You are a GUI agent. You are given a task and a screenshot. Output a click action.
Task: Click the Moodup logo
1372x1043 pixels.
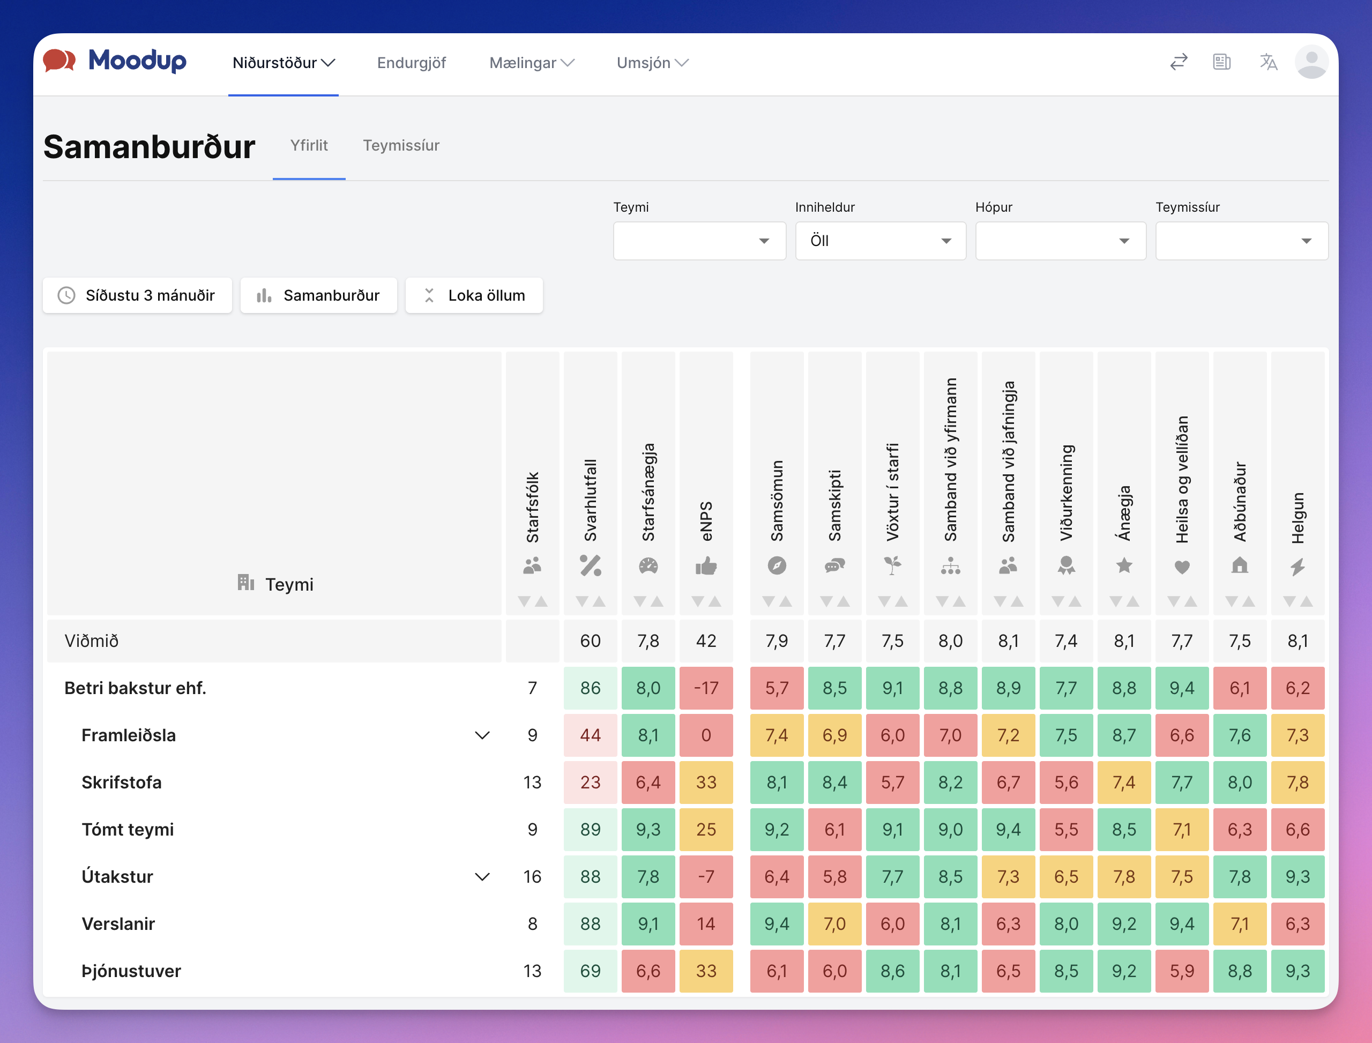coord(115,61)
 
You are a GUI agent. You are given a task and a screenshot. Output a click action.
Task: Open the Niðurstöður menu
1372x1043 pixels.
coord(284,63)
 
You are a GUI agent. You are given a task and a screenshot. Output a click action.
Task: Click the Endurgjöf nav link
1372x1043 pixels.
coord(412,63)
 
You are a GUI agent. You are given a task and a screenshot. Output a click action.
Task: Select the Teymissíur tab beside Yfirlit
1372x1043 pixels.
coord(401,145)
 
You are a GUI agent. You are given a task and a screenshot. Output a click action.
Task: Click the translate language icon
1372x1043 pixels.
coord(1269,62)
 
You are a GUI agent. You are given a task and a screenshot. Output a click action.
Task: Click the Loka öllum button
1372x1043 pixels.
coord(474,295)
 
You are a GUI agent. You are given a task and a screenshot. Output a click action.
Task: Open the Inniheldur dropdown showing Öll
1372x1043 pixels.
coord(881,241)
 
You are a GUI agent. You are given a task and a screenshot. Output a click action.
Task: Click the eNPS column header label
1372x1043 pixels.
coord(706,521)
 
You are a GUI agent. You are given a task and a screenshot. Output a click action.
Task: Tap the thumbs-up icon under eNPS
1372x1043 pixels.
coord(706,565)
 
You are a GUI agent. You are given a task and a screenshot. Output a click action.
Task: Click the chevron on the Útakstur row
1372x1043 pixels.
coord(482,877)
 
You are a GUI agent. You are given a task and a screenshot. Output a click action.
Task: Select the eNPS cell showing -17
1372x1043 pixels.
coord(706,688)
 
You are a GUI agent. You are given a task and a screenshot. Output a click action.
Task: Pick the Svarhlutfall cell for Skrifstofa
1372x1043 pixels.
coord(591,783)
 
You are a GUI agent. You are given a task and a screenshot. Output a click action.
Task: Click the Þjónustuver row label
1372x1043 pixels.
coord(131,971)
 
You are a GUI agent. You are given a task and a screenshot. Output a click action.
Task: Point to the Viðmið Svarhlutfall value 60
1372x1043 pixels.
coord(591,640)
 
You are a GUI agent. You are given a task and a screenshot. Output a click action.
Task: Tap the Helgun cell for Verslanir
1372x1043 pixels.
coord(1298,924)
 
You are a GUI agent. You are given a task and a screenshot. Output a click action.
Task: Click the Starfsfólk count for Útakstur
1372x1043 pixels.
coord(532,877)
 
